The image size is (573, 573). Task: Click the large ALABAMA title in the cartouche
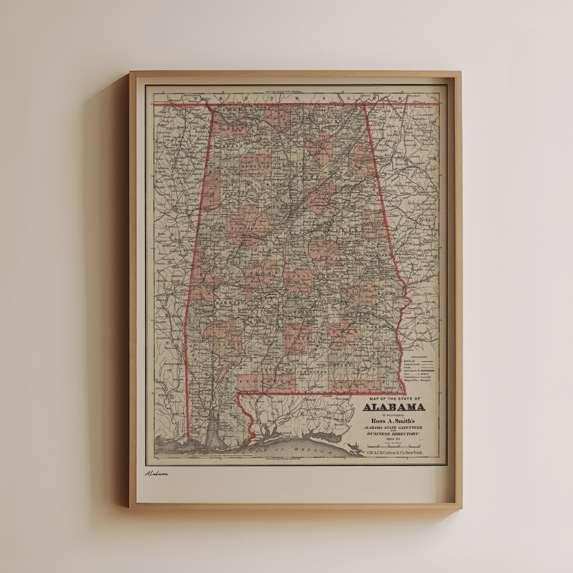(394, 407)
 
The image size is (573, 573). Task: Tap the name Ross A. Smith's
(394, 421)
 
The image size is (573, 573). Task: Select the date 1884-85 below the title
(394, 439)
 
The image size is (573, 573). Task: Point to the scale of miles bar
(394, 446)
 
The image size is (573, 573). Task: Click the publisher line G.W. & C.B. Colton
(394, 452)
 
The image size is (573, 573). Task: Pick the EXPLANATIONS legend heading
(419, 356)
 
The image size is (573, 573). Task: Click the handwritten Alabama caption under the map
(157, 473)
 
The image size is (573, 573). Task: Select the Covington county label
(311, 372)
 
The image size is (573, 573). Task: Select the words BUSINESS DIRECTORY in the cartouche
(394, 433)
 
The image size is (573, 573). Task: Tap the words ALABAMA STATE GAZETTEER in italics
(394, 427)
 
